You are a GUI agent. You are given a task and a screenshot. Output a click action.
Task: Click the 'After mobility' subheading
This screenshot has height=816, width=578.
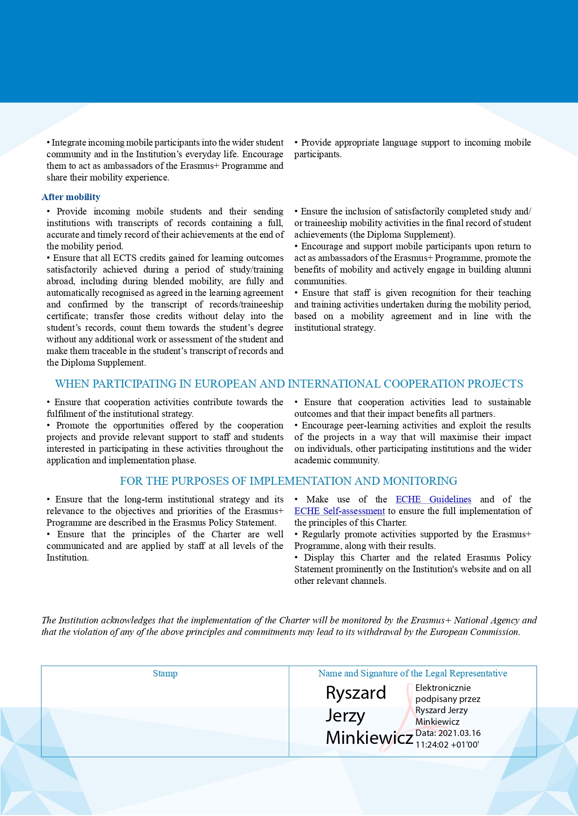tap(71, 197)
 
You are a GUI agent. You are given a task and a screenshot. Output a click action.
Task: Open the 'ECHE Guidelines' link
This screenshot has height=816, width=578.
tap(433, 499)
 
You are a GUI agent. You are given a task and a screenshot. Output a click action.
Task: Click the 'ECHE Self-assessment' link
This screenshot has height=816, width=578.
tap(340, 511)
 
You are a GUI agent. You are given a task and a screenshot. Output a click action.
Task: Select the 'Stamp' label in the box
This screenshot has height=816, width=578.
tap(165, 673)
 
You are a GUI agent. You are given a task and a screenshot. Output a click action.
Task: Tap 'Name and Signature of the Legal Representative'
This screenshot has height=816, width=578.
tap(413, 673)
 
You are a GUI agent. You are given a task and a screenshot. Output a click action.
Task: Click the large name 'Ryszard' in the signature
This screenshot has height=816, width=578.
tap(356, 693)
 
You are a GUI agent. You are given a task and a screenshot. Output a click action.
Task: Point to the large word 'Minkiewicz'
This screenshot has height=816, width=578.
tap(369, 737)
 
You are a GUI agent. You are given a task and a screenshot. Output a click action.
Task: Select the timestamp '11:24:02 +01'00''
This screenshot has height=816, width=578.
tap(447, 744)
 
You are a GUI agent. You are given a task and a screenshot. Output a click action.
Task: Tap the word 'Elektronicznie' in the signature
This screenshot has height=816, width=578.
tap(443, 688)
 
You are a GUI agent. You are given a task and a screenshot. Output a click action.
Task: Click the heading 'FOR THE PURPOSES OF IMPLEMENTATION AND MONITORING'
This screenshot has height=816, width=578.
tap(288, 481)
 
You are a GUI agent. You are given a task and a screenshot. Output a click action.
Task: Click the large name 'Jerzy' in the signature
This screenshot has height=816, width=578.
tap(345, 715)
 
